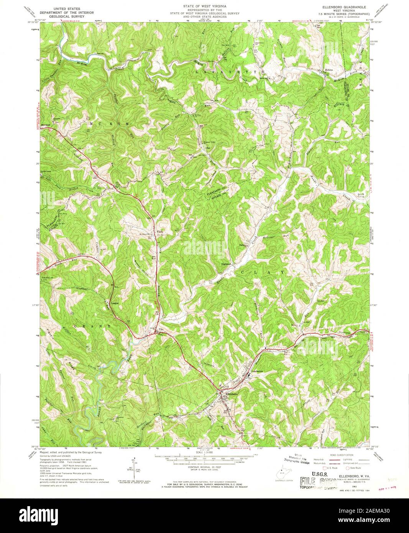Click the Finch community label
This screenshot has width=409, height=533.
[x=161, y=232]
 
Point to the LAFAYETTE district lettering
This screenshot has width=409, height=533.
[x=230, y=72]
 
